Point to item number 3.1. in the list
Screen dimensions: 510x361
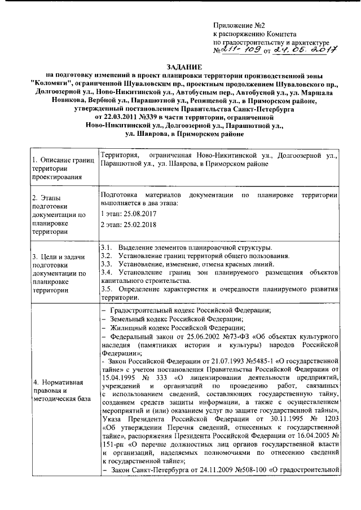pyautogui.click(x=107, y=247)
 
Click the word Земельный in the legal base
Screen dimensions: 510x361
pyautogui.click(x=129, y=318)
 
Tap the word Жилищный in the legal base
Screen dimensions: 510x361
pyautogui.click(x=129, y=327)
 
